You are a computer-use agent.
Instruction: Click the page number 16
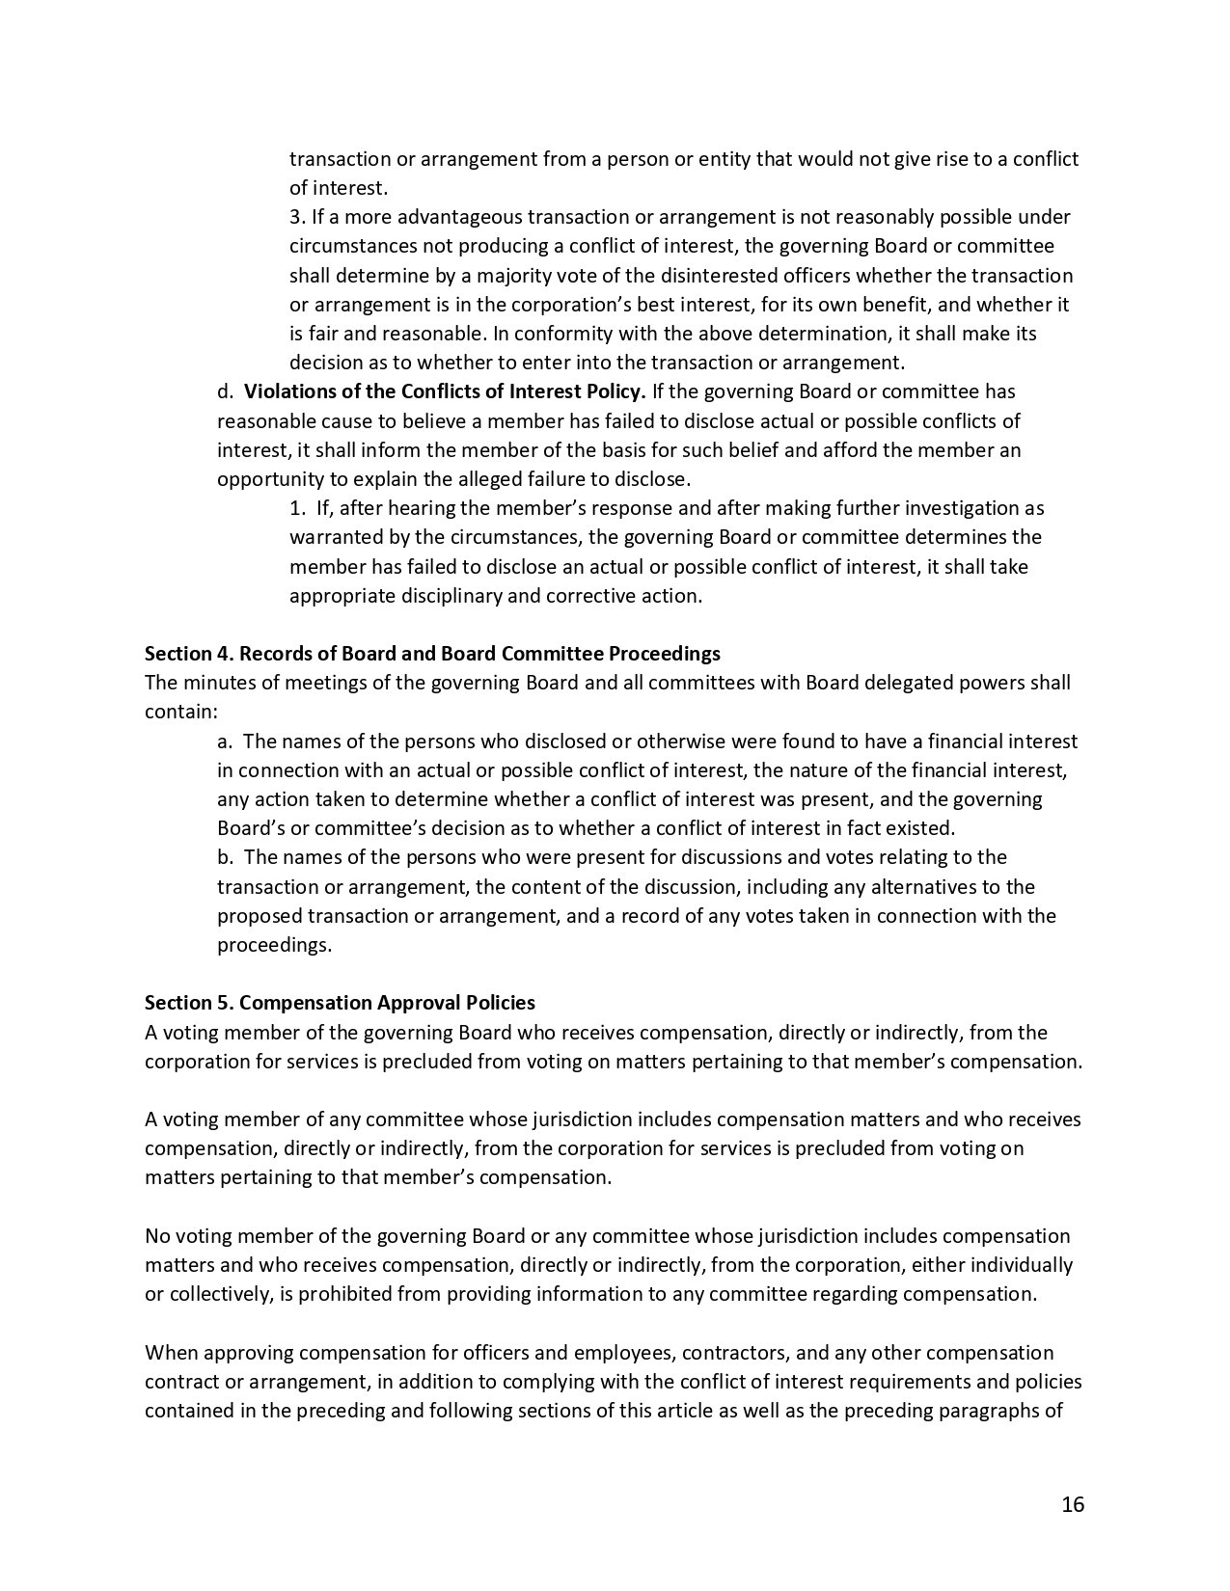[x=1073, y=1504]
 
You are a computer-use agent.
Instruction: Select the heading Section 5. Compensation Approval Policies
[x=340, y=1003]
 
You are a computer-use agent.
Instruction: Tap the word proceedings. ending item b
[x=274, y=945]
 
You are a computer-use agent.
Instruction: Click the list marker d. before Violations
[x=225, y=391]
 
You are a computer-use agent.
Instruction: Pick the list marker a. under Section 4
[x=225, y=742]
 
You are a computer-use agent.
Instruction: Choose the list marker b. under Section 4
[x=225, y=857]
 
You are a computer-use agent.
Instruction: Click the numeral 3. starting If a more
[x=297, y=217]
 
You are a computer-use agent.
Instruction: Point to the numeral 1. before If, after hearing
[x=297, y=508]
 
